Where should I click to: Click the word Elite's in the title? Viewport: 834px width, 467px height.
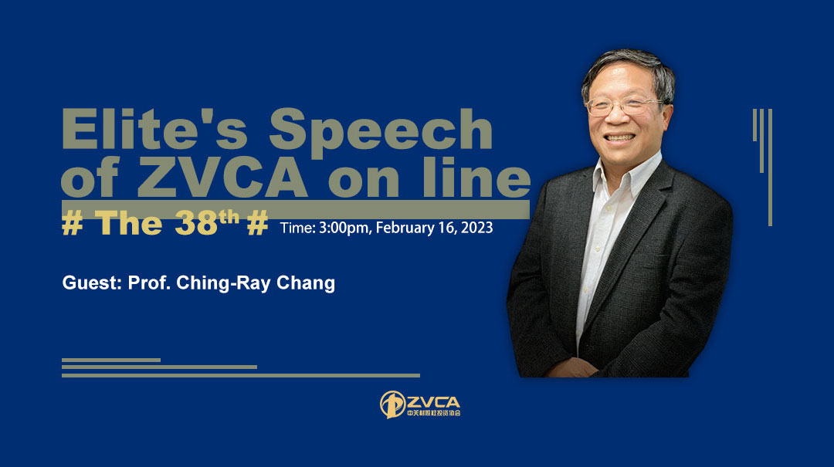point(154,128)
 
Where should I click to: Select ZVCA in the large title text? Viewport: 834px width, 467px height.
point(223,177)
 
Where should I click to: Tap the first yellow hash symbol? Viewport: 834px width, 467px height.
point(73,223)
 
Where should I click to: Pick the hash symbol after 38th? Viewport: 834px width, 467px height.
point(257,223)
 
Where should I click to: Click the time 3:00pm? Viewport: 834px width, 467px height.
point(344,228)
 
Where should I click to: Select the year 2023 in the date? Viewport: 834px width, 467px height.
point(476,227)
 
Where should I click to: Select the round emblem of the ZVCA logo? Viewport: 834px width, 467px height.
point(392,404)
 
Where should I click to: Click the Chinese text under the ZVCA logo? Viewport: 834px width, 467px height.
point(433,413)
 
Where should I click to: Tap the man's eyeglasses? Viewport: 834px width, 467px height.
point(623,106)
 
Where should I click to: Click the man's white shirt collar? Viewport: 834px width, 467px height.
point(628,171)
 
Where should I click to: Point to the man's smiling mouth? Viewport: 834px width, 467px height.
point(619,137)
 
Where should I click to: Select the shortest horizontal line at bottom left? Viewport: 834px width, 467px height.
point(111,360)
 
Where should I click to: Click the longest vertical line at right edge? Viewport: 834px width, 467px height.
point(770,168)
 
